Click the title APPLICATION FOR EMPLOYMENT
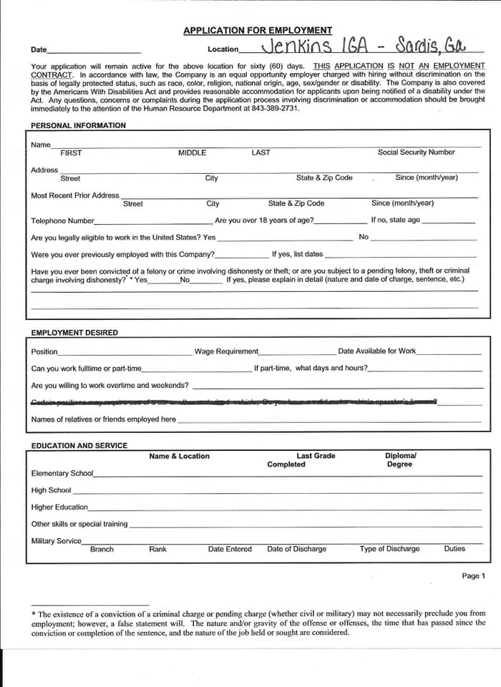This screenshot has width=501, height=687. point(258,31)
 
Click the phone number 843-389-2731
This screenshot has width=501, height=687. point(276,109)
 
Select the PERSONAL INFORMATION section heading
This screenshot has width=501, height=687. point(78,125)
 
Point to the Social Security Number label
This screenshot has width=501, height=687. point(416,152)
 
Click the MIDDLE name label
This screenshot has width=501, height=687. point(192,152)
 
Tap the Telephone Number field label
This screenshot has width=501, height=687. point(62,220)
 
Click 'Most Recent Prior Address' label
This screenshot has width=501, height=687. point(75,195)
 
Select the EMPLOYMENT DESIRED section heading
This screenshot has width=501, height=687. point(74,333)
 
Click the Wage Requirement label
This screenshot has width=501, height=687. point(226,351)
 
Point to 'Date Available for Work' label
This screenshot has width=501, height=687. point(376,351)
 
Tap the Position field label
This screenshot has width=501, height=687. point(44,351)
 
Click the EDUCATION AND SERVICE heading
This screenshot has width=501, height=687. point(79,446)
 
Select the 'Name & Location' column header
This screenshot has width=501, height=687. point(179,456)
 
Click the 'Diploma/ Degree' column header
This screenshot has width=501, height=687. point(400,460)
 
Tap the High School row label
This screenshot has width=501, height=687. point(51,490)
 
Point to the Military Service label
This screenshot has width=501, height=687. point(56,541)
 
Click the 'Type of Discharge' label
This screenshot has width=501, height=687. point(389,549)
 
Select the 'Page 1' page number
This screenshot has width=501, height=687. point(473,576)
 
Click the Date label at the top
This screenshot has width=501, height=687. point(39,50)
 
